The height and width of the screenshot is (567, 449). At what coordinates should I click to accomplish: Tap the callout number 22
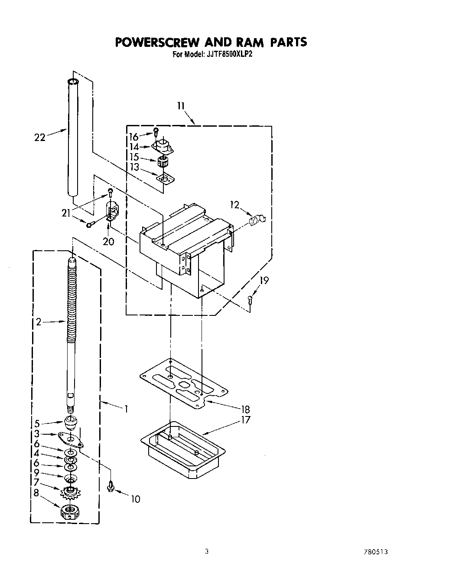[x=39, y=138]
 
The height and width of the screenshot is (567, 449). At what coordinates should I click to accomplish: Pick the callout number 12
[x=234, y=205]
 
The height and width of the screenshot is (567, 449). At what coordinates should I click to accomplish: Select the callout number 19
[x=264, y=281]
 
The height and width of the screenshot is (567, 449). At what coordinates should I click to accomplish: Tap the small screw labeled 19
[x=250, y=298]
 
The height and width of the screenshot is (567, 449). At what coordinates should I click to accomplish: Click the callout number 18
[x=245, y=409]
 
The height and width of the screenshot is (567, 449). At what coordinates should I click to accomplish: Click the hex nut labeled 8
[x=69, y=512]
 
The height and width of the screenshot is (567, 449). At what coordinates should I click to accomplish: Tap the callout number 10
[x=135, y=499]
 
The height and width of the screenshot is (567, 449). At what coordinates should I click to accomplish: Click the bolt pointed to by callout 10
[x=110, y=486]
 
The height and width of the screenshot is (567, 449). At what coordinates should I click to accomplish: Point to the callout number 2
[x=39, y=322]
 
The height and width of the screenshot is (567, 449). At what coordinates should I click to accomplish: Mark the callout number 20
[x=108, y=241]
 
